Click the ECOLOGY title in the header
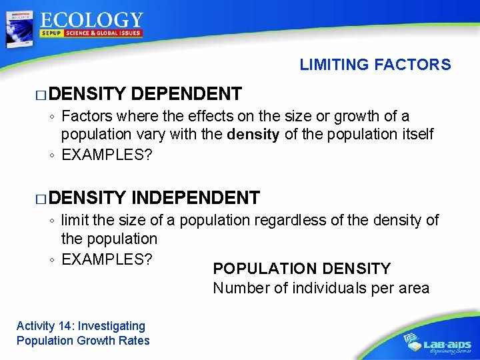pos(91,21)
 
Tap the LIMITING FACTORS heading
pos(375,65)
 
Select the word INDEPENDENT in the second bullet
pos(195,197)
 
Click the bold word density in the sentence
pos(253,135)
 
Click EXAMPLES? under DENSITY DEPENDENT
pos(106,155)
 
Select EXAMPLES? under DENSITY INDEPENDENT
pos(106,258)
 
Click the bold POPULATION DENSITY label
pos(301,269)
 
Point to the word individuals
pos(320,289)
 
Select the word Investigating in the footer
pos(111,326)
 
